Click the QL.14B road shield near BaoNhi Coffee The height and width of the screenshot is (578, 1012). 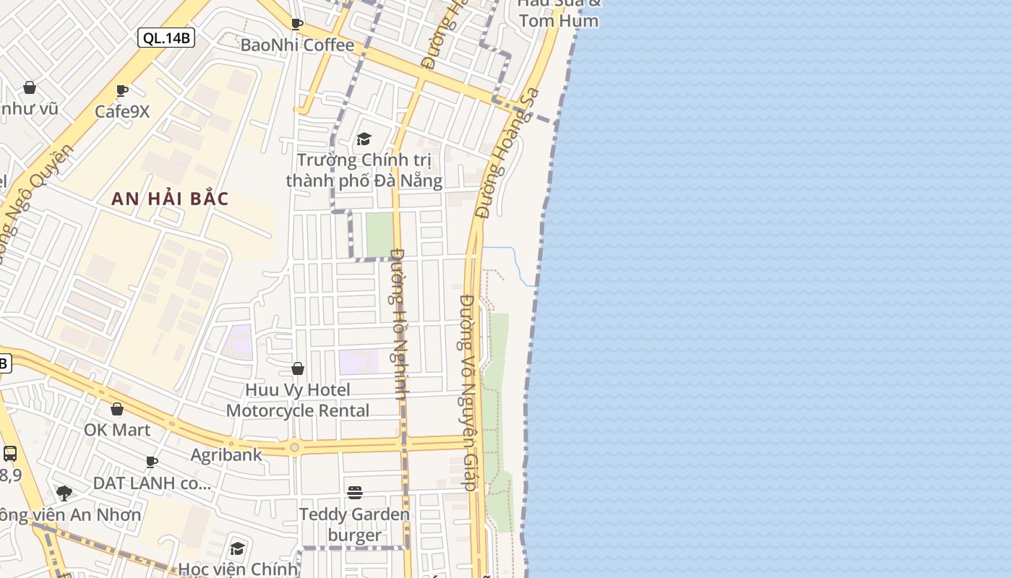166,38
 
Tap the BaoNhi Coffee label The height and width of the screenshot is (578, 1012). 297,45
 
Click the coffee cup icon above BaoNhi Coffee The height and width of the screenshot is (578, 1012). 296,24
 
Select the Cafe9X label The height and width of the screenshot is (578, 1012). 122,111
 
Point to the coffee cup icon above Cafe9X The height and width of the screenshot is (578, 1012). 122,90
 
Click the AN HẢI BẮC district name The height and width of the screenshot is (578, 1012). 170,199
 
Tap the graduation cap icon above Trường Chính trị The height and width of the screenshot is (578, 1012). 364,139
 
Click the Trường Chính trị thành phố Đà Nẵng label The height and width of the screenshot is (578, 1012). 364,170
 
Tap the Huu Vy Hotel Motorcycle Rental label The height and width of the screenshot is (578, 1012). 298,400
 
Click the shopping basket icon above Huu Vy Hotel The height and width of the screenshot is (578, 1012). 297,369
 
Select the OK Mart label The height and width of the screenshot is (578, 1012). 117,430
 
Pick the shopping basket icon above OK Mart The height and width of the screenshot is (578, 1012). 117,409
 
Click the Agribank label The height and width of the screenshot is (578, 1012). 226,455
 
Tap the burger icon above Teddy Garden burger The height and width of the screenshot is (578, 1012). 354,493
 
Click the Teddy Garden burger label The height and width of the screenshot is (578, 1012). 354,525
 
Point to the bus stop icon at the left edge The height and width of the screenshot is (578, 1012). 10,454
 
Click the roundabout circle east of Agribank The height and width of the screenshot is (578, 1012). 294,448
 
